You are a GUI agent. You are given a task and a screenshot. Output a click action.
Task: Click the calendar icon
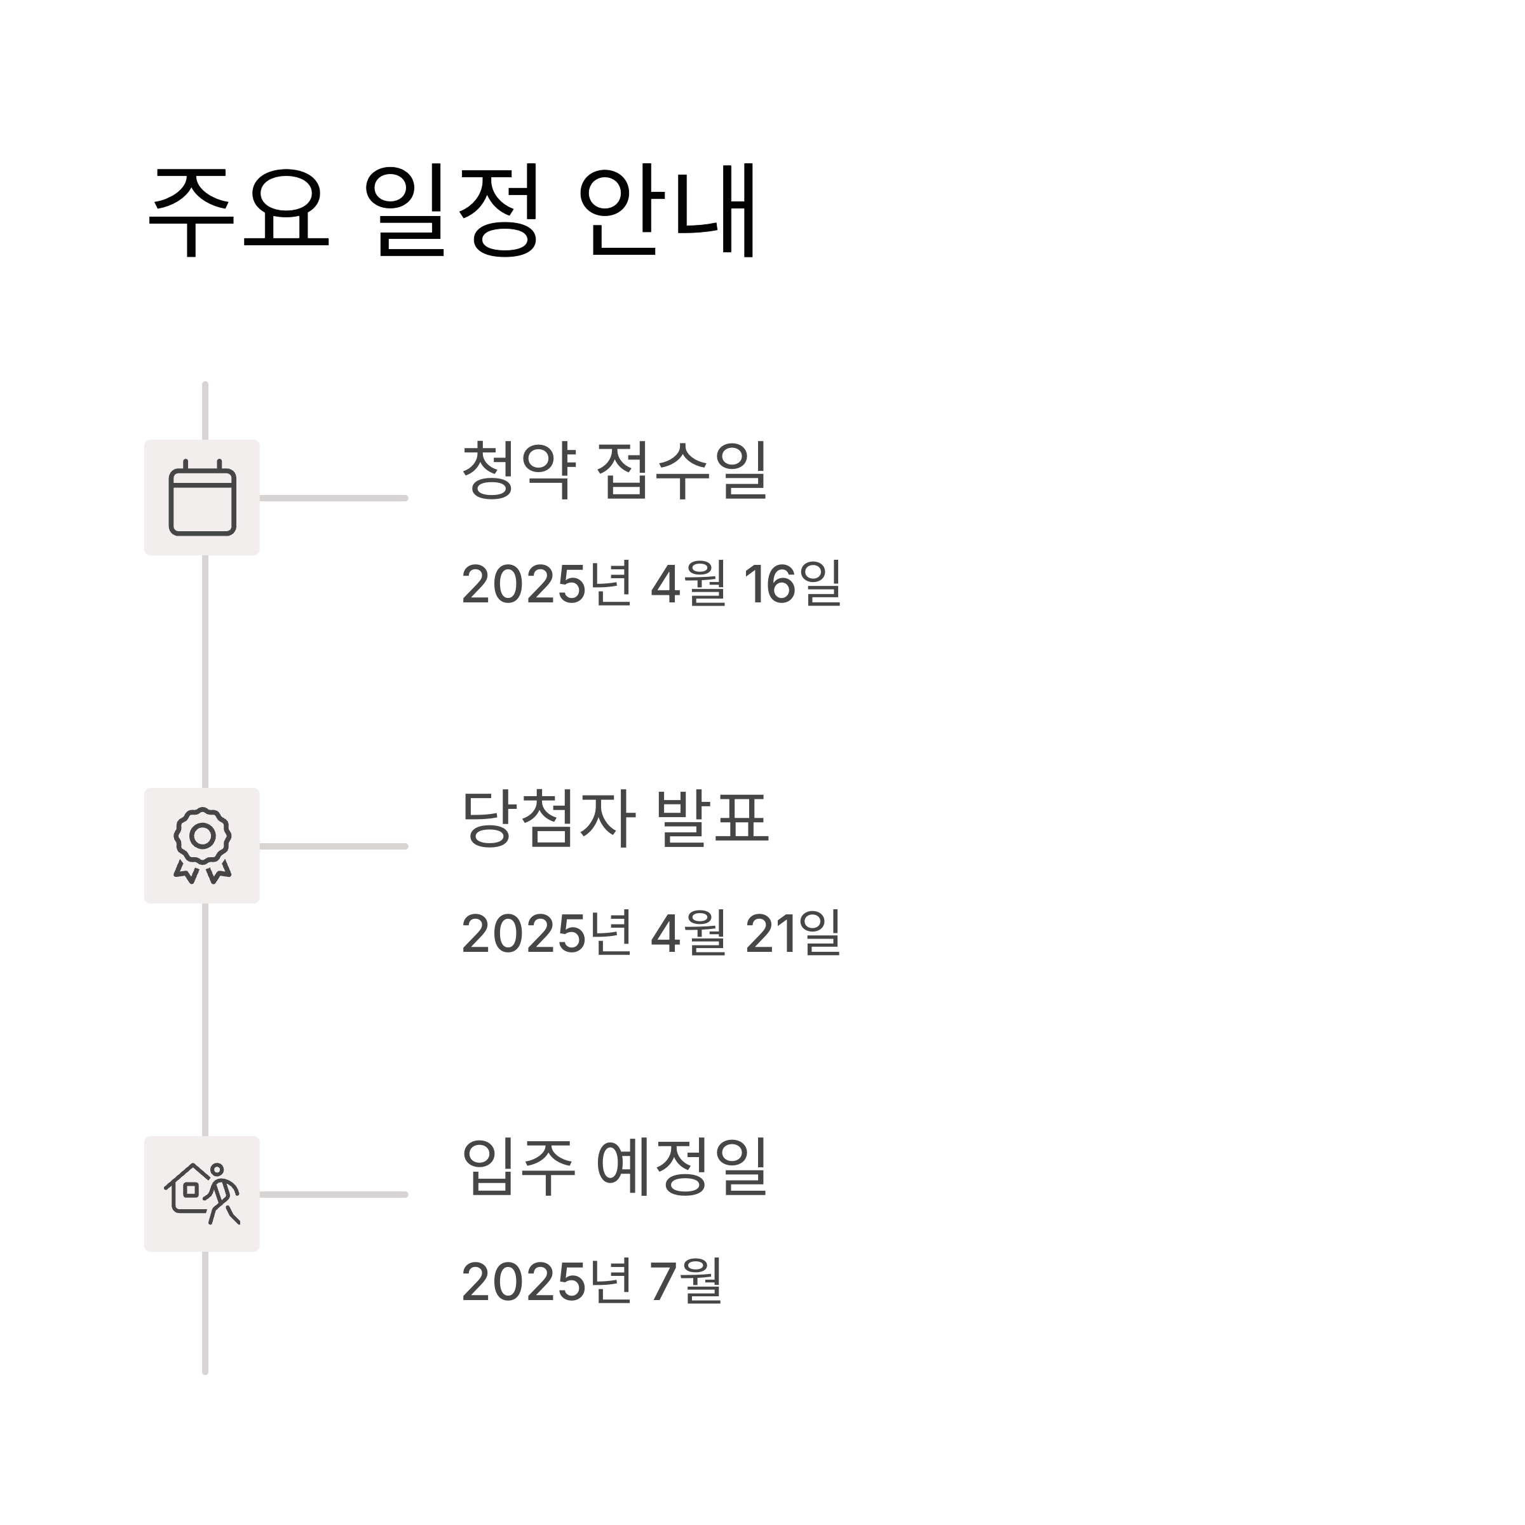(x=202, y=498)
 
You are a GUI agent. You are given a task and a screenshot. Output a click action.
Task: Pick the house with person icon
(x=202, y=1195)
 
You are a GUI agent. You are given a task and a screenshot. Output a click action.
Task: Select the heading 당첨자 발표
(x=614, y=818)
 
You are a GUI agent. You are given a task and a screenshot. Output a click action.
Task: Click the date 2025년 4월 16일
(x=651, y=584)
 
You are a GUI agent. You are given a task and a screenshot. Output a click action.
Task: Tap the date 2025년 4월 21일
(x=651, y=933)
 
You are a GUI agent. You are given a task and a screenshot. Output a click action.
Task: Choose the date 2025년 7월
(x=591, y=1281)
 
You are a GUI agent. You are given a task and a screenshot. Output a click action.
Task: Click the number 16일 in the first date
(x=792, y=584)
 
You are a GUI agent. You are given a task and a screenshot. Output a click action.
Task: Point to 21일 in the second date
(x=792, y=933)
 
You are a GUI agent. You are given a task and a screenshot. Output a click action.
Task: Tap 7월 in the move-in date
(x=685, y=1281)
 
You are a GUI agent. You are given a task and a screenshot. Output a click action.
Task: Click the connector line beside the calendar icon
(x=333, y=498)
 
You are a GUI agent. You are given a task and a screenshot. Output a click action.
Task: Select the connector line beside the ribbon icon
(x=333, y=846)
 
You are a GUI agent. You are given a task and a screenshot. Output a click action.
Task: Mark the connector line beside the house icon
(x=333, y=1195)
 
